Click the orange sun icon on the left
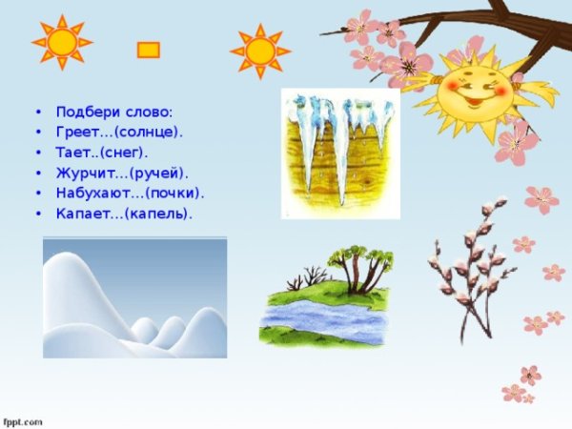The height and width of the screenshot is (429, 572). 62,42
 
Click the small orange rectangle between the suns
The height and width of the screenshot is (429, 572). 148,50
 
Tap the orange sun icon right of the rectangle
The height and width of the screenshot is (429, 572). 257,50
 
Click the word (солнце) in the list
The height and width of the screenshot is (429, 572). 149,132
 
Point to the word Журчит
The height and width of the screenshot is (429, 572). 86,173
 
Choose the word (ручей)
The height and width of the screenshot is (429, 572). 156,173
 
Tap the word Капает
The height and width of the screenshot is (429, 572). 83,214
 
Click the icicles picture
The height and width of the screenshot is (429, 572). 339,153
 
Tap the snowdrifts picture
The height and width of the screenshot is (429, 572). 134,297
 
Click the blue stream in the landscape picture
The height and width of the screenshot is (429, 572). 324,319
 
